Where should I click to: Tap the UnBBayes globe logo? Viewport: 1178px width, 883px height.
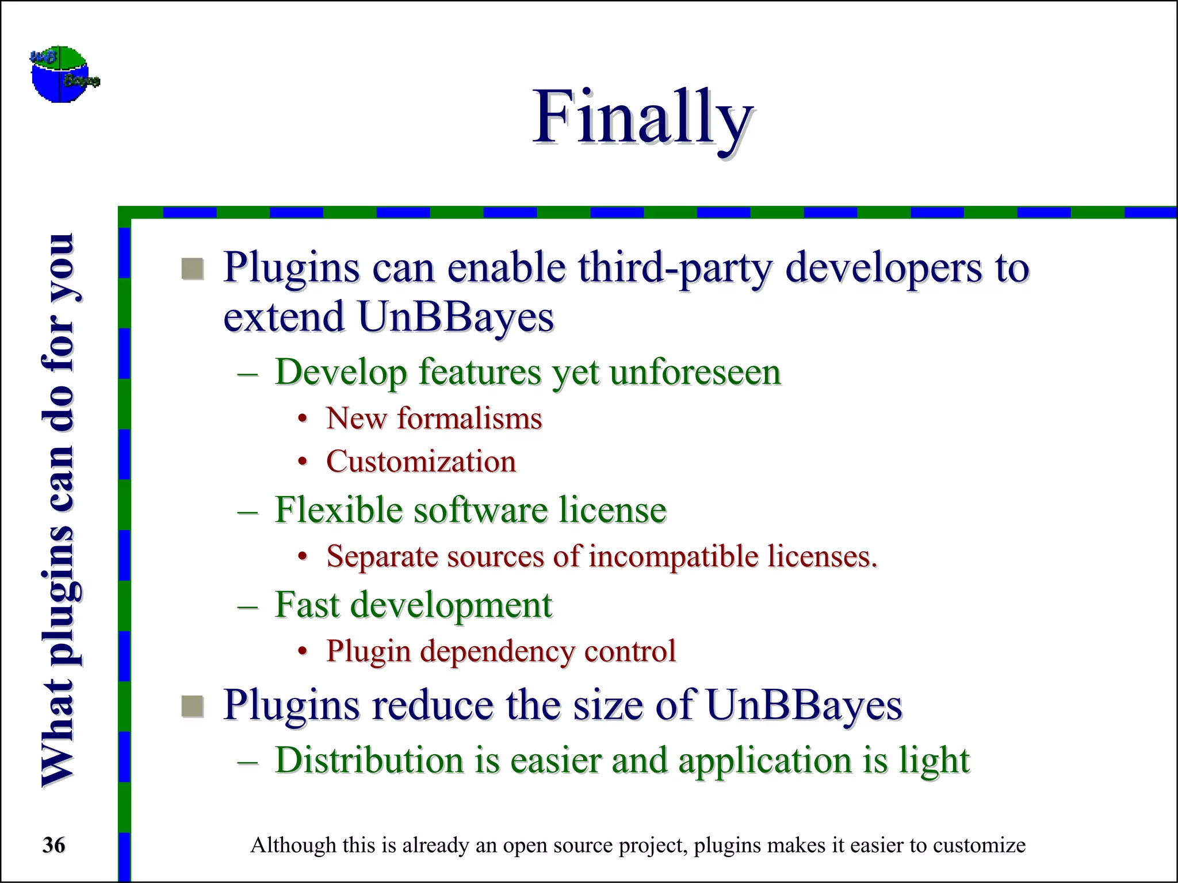(63, 74)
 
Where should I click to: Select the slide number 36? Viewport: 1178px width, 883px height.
(54, 845)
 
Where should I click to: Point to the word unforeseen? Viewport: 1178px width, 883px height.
(695, 373)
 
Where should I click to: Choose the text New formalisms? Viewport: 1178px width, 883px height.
(434, 418)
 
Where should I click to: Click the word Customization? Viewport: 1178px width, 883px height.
(421, 462)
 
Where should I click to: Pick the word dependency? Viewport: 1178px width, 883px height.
(497, 651)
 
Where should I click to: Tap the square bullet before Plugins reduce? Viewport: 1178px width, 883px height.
(193, 706)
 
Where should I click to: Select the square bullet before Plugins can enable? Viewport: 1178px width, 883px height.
(193, 268)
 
